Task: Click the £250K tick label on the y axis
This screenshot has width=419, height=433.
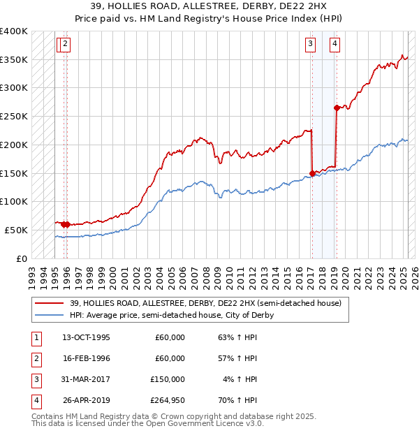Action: coord(14,116)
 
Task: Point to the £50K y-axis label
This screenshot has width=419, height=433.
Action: coord(16,230)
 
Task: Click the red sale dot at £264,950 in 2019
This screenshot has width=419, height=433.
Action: coord(337,108)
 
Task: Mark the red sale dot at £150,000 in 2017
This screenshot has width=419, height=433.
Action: coord(312,173)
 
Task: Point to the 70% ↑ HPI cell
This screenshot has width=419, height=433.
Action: coord(237,400)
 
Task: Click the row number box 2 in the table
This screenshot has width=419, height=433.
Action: coord(36,358)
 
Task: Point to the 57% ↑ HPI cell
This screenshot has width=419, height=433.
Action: coord(237,358)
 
